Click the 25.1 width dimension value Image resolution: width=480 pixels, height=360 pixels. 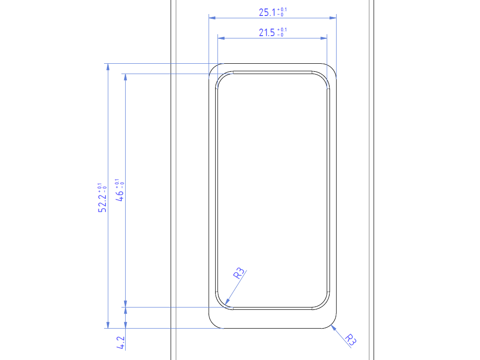[x=267, y=13]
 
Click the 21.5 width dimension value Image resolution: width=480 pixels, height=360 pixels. [x=267, y=33]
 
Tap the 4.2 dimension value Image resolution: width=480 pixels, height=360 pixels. [x=120, y=343]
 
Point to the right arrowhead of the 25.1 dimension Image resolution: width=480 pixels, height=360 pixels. [x=333, y=18]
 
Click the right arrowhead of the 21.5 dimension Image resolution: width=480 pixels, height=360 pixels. [x=323, y=38]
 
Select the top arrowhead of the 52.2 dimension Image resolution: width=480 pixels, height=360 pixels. [x=108, y=67]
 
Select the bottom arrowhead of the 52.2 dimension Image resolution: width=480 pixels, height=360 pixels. [x=108, y=325]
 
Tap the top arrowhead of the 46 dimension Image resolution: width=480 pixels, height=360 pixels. [x=125, y=77]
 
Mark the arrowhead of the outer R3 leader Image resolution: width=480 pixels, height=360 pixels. [x=333, y=327]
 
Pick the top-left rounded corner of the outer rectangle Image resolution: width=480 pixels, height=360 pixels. [x=213, y=67]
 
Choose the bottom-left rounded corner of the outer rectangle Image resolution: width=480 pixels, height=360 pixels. [x=213, y=324]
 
